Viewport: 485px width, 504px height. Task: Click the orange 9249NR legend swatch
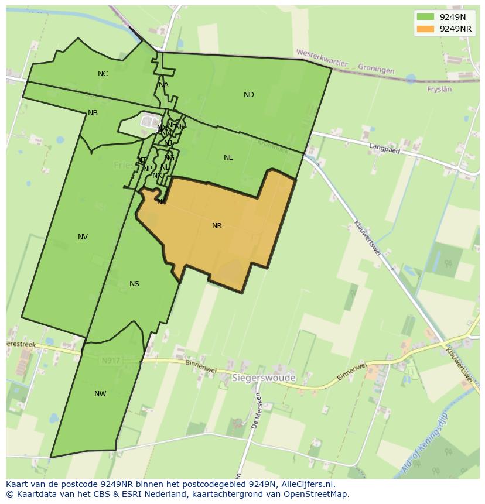(x=425, y=29)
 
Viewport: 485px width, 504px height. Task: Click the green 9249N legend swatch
(x=425, y=18)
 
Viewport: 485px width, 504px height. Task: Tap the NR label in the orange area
(x=217, y=226)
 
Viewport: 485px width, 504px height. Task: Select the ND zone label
(x=249, y=95)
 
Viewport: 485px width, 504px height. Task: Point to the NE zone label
(x=228, y=157)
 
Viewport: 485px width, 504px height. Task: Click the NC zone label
(x=103, y=74)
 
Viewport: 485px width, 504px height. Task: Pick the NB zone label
(x=93, y=113)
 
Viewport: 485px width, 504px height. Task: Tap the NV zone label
(x=83, y=237)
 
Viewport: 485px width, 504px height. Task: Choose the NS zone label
(x=134, y=284)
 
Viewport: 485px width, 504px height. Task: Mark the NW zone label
(x=100, y=394)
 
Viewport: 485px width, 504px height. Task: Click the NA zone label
(x=163, y=85)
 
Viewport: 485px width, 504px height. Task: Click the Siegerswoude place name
(x=264, y=378)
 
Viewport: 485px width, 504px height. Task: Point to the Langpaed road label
(x=384, y=149)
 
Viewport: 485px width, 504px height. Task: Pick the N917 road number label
(x=111, y=361)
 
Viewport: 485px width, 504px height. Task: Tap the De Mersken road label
(x=256, y=411)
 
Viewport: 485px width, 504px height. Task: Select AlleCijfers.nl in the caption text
(x=306, y=484)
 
